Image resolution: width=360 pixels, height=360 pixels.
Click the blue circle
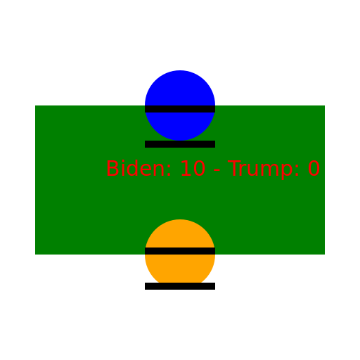point(180,105)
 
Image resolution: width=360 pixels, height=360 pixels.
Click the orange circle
point(180,255)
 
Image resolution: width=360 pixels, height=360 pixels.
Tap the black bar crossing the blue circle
point(180,109)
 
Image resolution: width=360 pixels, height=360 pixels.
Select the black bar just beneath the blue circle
point(180,144)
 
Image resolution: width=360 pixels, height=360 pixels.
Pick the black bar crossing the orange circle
point(180,251)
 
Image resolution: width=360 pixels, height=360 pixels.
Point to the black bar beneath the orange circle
point(180,286)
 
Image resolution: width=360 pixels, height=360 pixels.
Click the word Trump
point(260,169)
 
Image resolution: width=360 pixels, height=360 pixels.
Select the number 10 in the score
point(193,168)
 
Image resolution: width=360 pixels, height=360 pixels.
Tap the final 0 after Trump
point(314,168)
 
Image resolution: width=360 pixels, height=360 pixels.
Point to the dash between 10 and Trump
point(217,170)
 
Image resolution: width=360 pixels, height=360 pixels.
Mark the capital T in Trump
point(234,168)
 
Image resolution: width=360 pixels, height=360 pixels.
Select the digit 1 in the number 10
point(186,168)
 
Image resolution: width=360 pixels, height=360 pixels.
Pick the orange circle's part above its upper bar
point(180,234)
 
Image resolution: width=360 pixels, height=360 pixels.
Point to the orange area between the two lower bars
point(180,269)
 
